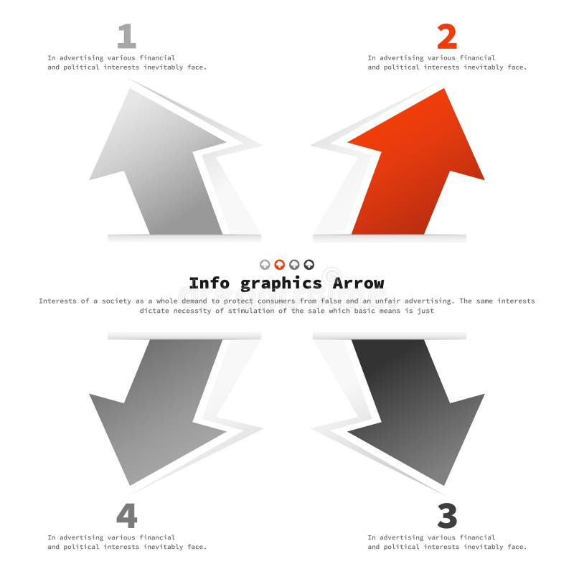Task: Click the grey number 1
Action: pos(126,36)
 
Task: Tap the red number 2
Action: pos(446,36)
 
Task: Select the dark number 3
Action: pos(446,516)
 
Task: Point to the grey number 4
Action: pos(126,516)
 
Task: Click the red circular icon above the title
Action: pos(280,265)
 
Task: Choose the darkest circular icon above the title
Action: pos(309,265)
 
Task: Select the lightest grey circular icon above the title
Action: pos(265,265)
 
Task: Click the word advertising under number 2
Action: pos(407,57)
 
